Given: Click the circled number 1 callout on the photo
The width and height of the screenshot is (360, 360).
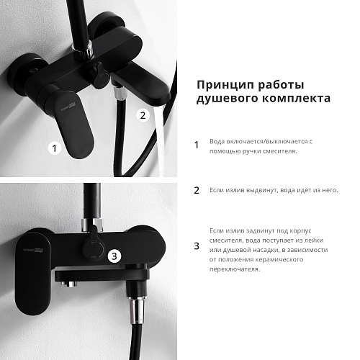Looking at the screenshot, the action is pyautogui.click(x=55, y=148).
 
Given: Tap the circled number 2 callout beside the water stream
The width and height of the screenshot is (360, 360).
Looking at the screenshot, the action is pyautogui.click(x=143, y=115).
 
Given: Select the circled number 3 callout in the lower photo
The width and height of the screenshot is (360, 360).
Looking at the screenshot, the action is pyautogui.click(x=114, y=256).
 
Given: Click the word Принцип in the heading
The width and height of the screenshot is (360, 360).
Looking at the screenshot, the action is pyautogui.click(x=224, y=85).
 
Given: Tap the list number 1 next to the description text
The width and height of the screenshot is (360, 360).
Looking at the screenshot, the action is pyautogui.click(x=197, y=145).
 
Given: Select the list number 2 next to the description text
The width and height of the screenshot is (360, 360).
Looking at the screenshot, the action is pyautogui.click(x=197, y=190).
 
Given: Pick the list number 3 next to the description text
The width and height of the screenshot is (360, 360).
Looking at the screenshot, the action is pyautogui.click(x=197, y=246).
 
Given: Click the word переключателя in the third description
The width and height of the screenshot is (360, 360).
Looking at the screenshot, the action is pyautogui.click(x=235, y=269).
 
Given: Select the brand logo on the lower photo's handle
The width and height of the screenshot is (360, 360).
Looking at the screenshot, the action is pyautogui.click(x=33, y=251).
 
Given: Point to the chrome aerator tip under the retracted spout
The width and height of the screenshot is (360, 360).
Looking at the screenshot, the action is pyautogui.click(x=69, y=284).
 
